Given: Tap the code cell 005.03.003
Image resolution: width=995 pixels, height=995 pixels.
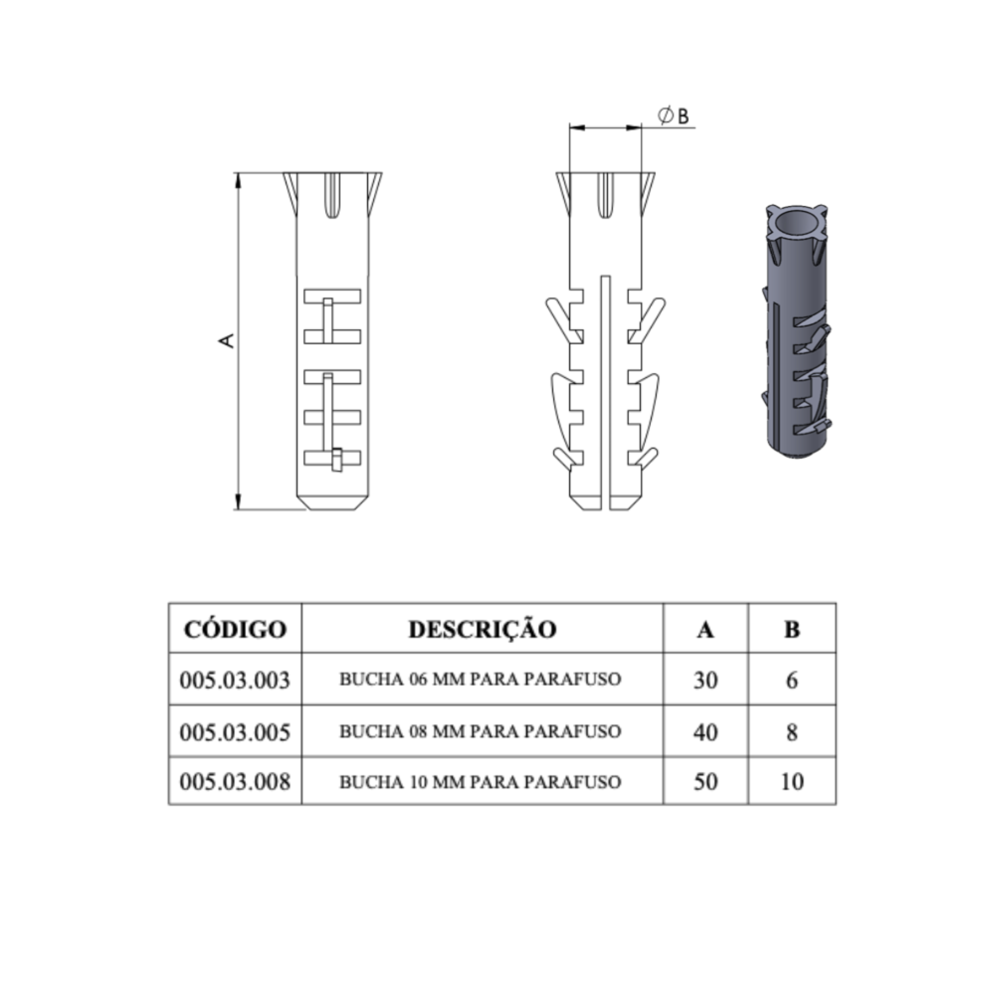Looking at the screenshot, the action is coord(235,680).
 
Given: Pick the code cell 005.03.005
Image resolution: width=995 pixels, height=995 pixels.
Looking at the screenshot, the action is coord(235,732).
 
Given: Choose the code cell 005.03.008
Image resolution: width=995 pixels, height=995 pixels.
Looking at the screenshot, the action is coord(235,782).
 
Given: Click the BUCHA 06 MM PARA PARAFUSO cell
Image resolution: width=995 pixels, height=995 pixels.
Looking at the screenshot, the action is coord(480,679).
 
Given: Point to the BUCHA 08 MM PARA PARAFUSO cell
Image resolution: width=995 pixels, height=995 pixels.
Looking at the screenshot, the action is coord(480,731).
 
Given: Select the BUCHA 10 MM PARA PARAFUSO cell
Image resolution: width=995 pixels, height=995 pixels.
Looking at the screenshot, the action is coord(480,782).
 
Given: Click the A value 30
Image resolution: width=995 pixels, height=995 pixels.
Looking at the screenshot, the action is coord(705,680).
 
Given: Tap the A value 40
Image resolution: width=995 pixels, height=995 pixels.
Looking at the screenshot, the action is coord(705,732).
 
